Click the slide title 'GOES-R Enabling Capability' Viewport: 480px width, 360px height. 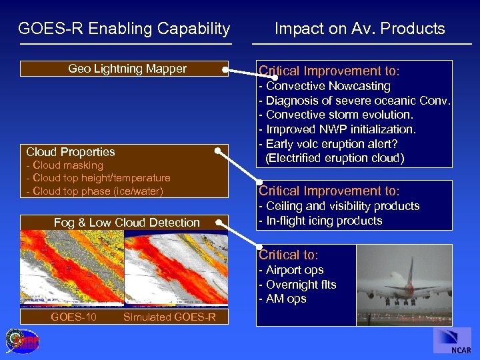coord(124,29)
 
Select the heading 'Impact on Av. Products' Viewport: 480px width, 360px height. coord(359,29)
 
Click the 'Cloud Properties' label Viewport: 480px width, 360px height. coord(71,152)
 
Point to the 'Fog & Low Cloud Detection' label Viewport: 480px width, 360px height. coord(127,223)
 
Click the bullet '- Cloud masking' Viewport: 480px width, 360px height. coord(65,165)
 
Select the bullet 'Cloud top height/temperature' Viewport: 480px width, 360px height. coord(98,178)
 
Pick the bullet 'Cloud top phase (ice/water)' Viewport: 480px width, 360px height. coord(94,191)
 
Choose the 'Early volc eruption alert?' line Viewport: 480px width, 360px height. coord(330,144)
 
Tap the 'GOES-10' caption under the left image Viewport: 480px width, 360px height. coord(73,317)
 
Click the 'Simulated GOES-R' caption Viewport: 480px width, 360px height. coord(169,317)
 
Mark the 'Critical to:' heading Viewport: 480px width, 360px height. coord(289,255)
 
